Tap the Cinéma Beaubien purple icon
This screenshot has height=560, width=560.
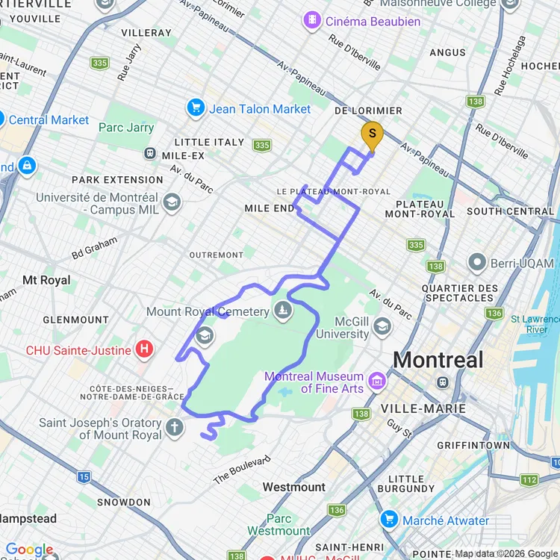coord(313,21)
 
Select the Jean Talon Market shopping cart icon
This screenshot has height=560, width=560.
coord(196,108)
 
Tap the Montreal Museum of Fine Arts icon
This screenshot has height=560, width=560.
coord(378,382)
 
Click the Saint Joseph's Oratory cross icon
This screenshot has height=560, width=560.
coord(174,428)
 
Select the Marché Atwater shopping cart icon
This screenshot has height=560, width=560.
coord(388,520)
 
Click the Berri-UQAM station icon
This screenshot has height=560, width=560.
coord(477,263)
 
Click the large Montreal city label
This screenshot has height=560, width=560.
coord(438,360)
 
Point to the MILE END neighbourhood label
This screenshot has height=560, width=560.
coord(270,208)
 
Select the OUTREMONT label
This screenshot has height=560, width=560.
coord(217,255)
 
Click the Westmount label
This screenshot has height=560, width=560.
coord(293,487)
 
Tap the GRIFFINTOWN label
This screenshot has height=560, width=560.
coord(473,445)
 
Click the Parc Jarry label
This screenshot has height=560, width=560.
coord(126,127)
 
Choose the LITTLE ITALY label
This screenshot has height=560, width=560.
coord(209,142)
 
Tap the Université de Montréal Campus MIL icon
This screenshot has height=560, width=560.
coord(172,202)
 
